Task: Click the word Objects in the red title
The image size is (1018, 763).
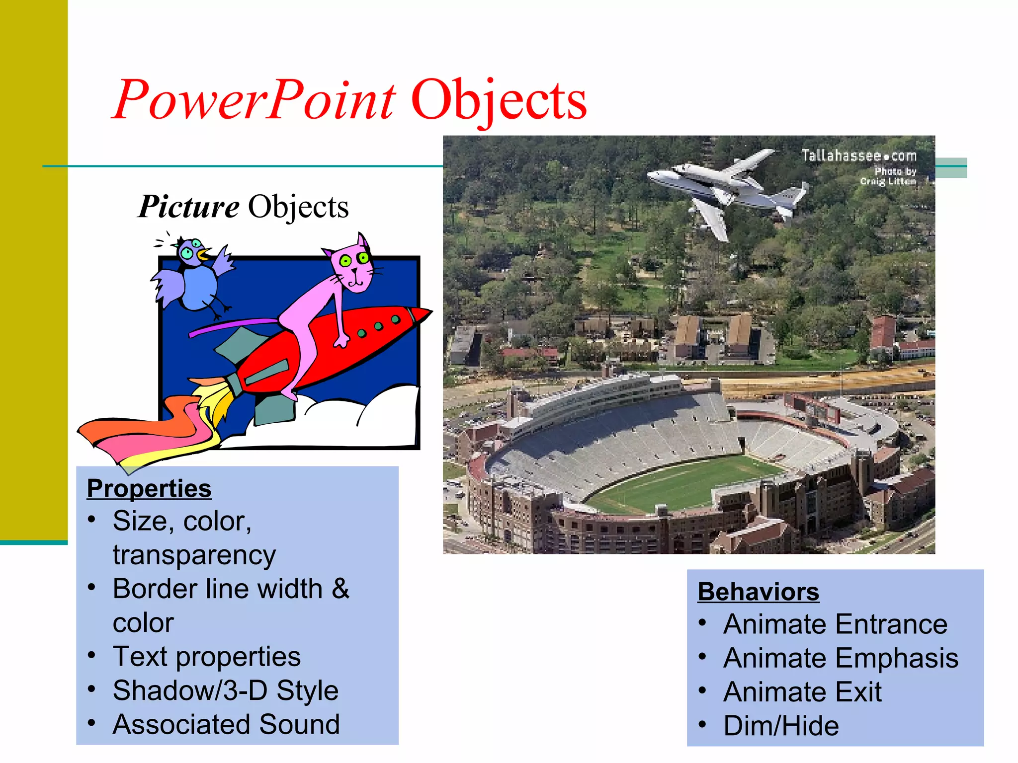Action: click(499, 101)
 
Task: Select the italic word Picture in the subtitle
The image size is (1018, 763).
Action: click(188, 207)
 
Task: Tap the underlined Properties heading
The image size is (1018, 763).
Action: click(149, 488)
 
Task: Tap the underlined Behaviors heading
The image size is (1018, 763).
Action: click(758, 592)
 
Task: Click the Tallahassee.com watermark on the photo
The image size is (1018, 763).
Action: click(858, 156)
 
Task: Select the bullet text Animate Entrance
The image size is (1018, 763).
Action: click(835, 624)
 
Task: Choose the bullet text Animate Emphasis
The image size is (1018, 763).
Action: click(841, 658)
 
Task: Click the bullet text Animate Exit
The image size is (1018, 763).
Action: click(802, 692)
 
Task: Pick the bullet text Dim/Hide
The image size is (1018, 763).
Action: click(781, 726)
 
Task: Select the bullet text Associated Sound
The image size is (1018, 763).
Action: click(226, 724)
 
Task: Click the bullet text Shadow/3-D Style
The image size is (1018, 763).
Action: click(225, 690)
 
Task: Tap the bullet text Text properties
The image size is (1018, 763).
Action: click(206, 657)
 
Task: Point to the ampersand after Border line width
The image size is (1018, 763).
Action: click(340, 589)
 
